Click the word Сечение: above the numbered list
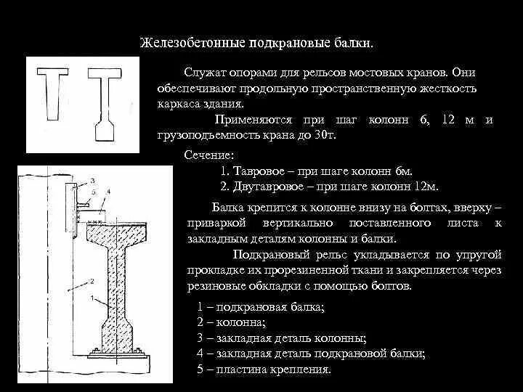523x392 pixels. [210, 155]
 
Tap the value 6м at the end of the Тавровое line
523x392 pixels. [405, 171]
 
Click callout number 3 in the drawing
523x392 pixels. [92, 179]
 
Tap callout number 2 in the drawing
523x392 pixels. [92, 279]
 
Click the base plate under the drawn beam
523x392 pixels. [117, 354]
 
